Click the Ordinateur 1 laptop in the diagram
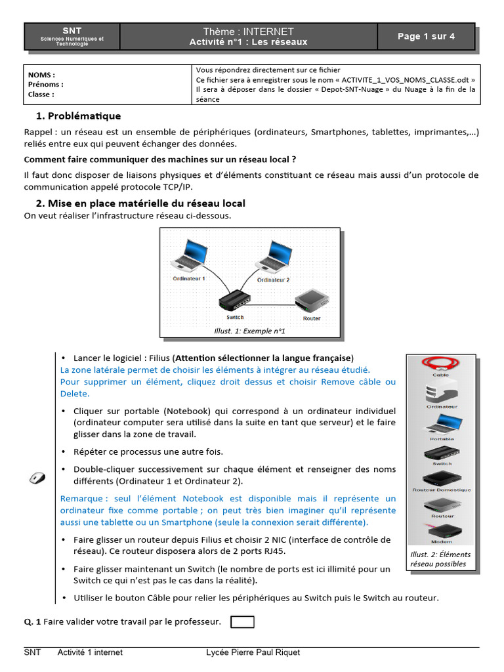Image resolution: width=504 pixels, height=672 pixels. (188, 256)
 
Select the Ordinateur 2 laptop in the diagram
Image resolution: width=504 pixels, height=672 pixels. (272, 256)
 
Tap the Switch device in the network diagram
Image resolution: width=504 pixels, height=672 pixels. (234, 301)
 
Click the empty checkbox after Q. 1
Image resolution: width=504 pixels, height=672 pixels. (243, 621)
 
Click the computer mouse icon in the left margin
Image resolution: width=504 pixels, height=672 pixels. (37, 478)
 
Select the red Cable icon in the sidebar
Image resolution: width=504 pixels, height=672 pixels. (440, 363)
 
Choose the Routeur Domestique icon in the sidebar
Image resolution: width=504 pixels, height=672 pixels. (441, 478)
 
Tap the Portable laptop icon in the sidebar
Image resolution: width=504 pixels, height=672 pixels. (441, 424)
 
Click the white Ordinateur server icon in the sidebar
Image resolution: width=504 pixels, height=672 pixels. (440, 392)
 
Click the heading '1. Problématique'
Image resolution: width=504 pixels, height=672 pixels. (79, 116)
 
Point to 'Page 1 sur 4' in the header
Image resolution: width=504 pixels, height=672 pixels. (426, 37)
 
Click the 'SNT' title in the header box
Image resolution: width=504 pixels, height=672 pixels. (72, 31)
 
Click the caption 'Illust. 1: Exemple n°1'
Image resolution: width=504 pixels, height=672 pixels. (249, 331)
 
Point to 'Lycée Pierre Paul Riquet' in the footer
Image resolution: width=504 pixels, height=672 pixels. (253, 652)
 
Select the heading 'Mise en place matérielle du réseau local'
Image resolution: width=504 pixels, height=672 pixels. (146, 203)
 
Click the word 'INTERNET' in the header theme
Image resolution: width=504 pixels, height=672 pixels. (268, 31)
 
